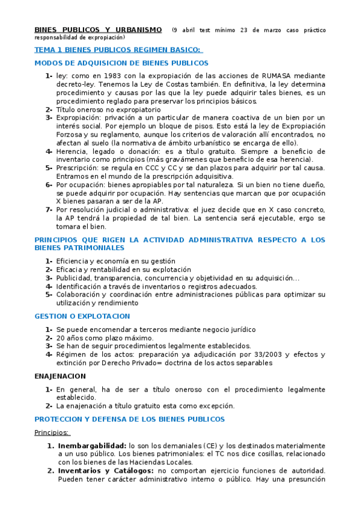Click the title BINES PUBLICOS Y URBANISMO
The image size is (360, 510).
tap(98, 29)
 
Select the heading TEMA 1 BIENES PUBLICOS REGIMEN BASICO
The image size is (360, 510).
tap(118, 50)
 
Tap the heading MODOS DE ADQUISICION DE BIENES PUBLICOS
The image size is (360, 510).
tap(121, 63)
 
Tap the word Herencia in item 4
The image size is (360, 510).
tap(72, 152)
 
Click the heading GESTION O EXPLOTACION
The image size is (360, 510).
tap(82, 316)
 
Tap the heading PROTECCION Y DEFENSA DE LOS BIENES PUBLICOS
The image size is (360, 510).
tap(129, 419)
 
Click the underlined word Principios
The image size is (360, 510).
tap(52, 432)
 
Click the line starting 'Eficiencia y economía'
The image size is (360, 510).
tap(115, 261)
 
